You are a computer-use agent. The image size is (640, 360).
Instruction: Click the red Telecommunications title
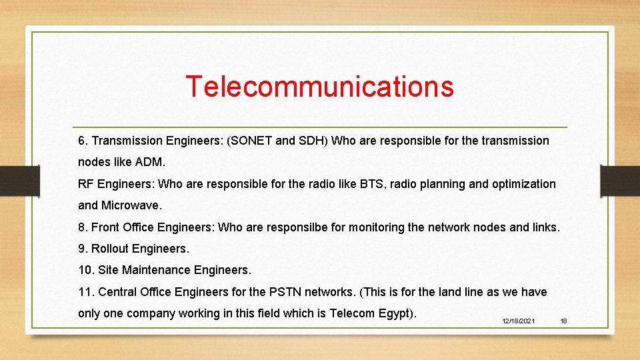[x=319, y=86]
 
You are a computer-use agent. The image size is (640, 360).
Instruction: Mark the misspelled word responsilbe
[x=297, y=227]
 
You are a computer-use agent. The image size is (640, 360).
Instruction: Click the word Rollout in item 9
[x=110, y=249]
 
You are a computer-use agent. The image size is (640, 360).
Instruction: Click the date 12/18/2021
[x=518, y=321]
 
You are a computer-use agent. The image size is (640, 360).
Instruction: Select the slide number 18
[x=563, y=321]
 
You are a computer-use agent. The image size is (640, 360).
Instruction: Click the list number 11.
[x=85, y=292]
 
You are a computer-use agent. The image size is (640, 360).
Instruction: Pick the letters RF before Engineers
[x=86, y=183]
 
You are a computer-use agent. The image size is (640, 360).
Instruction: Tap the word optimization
[x=523, y=183]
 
